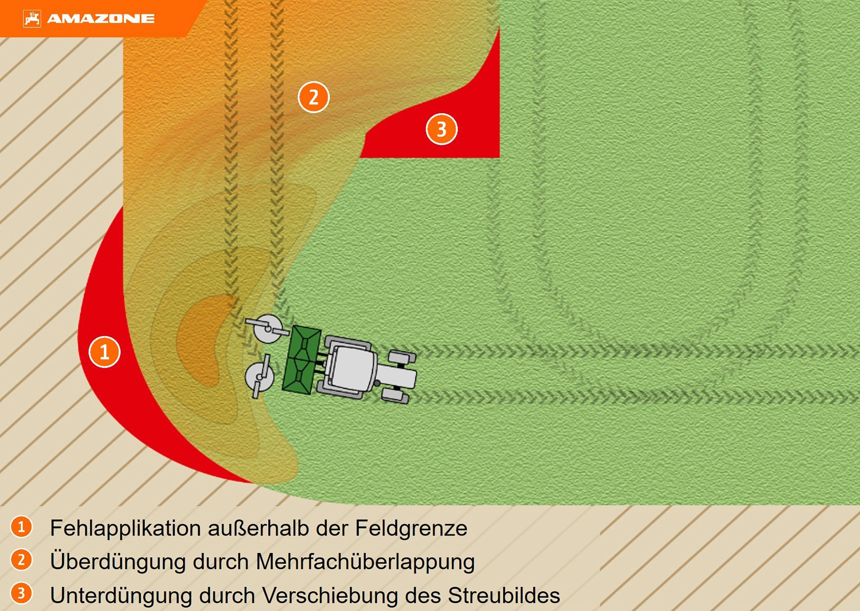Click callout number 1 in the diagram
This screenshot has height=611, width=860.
point(105,352)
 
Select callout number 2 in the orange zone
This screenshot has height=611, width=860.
point(314,97)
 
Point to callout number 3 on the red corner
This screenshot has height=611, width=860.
point(441,129)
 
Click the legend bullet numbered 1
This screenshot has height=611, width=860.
point(21,526)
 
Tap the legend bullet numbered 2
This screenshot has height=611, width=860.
point(21,560)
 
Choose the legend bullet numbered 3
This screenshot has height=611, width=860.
point(21,593)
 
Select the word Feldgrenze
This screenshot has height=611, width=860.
point(411,529)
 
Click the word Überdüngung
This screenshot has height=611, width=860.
point(118,562)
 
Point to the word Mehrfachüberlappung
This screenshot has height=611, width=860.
point(365,562)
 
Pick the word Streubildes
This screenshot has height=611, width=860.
point(504,595)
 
